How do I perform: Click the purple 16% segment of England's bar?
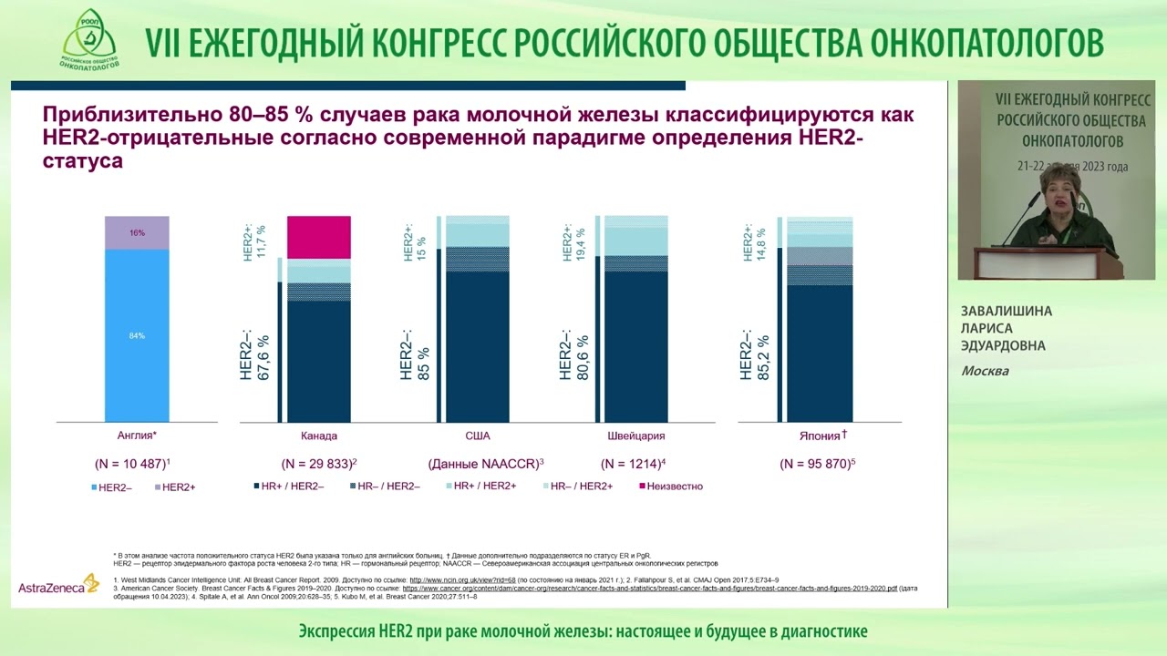137,232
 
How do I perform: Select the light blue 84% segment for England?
137,335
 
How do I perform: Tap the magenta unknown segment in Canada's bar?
319,237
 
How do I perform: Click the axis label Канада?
318,436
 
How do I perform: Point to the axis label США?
478,436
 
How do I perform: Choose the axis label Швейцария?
635,436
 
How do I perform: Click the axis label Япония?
817,436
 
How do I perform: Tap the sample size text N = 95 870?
817,464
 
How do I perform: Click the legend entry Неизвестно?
674,487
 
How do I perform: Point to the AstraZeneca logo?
57,585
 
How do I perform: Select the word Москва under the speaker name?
985,371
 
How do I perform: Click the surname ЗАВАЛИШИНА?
1007,312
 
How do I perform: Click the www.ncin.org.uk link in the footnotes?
462,579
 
